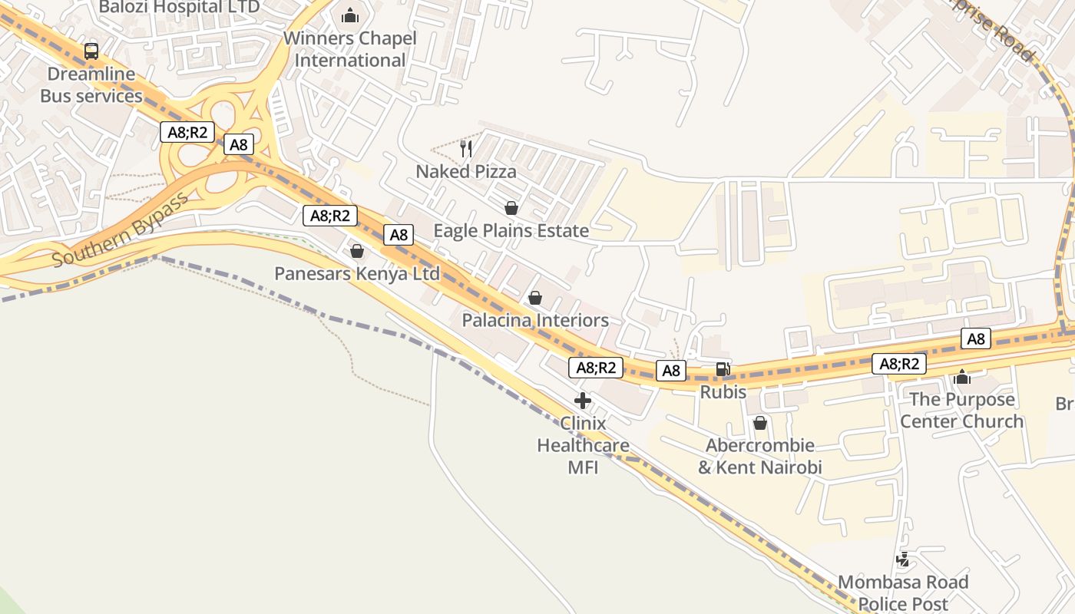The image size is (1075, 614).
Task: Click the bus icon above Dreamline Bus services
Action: (91, 51)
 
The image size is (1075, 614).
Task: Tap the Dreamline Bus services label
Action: (91, 85)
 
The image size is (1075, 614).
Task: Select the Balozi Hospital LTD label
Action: (179, 8)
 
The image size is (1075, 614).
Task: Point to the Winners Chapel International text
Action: (350, 49)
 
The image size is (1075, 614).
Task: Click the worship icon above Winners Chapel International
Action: (350, 15)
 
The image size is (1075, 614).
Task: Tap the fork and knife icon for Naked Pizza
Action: (466, 148)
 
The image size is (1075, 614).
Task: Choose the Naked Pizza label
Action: (466, 172)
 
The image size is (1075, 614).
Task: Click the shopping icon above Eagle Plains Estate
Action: (511, 208)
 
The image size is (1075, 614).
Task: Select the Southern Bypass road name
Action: (121, 230)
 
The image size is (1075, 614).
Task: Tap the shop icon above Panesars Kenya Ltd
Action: (357, 251)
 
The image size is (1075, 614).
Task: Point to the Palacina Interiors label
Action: (535, 320)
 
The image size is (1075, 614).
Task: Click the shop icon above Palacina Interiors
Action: (535, 298)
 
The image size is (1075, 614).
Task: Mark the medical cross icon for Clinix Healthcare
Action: (583, 400)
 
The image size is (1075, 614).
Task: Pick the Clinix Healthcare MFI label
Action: (583, 445)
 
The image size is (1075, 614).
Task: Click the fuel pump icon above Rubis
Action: (723, 369)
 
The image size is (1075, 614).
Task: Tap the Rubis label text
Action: (723, 392)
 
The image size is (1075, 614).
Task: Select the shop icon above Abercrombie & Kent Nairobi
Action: (760, 423)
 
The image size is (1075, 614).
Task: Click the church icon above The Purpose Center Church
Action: (961, 377)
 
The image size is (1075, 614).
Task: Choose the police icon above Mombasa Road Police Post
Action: (903, 560)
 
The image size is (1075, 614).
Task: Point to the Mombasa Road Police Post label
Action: (903, 593)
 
